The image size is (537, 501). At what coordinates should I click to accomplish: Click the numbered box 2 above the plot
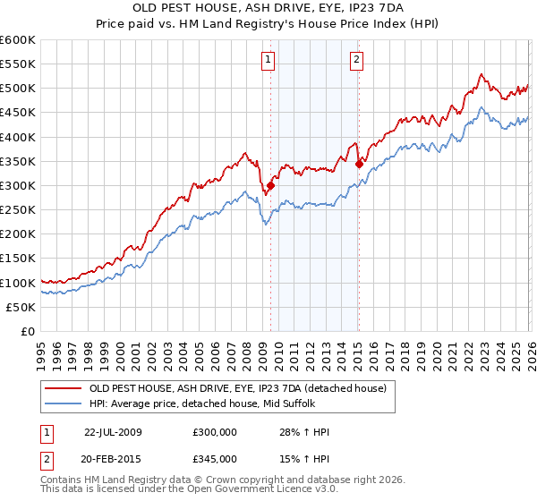pyautogui.click(x=356, y=60)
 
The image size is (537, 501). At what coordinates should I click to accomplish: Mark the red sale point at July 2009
pyautogui.click(x=271, y=186)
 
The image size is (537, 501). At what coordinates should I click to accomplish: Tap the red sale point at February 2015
pyautogui.click(x=359, y=164)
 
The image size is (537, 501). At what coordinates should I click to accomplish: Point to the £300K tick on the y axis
pyautogui.click(x=18, y=185)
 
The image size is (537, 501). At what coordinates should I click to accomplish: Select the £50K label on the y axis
pyautogui.click(x=21, y=307)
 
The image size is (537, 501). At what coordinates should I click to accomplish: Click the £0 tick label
pyautogui.click(x=28, y=331)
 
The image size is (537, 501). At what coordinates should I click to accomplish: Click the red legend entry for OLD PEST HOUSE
pyautogui.click(x=237, y=388)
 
